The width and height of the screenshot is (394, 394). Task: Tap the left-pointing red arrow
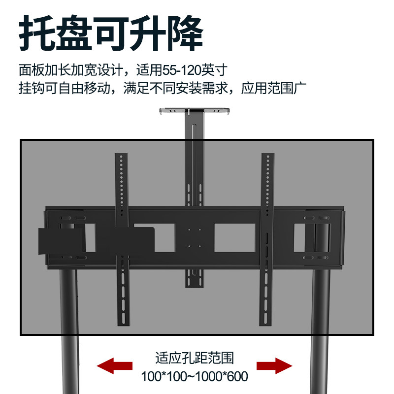pyautogui.click(x=115, y=365)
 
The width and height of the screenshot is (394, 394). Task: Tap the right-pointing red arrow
pyautogui.click(x=274, y=365)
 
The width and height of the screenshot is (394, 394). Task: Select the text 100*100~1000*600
pyautogui.click(x=194, y=377)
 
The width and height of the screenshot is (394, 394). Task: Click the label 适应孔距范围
pyautogui.click(x=194, y=357)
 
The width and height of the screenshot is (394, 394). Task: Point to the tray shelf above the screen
pyautogui.click(x=195, y=110)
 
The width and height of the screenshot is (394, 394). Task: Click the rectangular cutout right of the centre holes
pyautogui.click(x=234, y=237)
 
